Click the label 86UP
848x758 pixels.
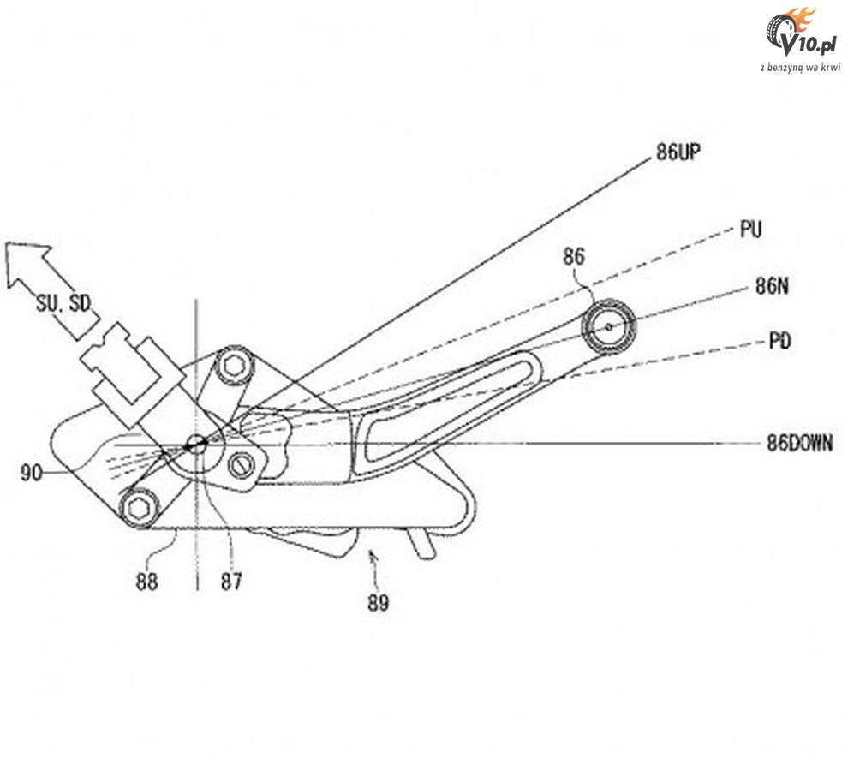click(678, 152)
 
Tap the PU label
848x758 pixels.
click(750, 230)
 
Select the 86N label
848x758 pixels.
click(772, 286)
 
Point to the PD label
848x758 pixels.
click(779, 341)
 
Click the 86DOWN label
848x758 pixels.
click(800, 444)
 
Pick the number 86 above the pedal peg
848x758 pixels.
click(573, 256)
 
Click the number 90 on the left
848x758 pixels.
click(32, 473)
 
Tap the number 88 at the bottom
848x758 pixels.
click(146, 582)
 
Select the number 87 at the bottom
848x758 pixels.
click(231, 582)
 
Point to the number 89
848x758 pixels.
click(378, 603)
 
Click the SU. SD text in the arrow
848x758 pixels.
click(63, 303)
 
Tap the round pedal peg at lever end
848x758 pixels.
click(609, 326)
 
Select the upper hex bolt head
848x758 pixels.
click(235, 367)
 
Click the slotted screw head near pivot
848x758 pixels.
click(241, 464)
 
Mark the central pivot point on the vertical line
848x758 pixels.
click(196, 445)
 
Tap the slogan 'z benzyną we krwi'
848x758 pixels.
click(800, 68)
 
